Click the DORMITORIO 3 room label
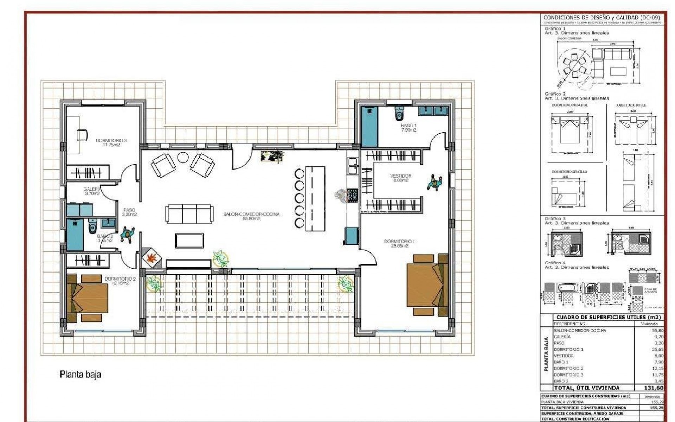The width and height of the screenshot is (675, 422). (x=111, y=141)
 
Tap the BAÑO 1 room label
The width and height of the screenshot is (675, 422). (x=408, y=126)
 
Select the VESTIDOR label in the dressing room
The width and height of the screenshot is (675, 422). (x=400, y=176)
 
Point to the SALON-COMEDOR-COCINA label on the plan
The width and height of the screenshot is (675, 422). (x=251, y=214)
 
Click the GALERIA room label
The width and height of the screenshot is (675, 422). (x=92, y=189)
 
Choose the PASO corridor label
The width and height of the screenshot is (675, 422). (x=129, y=210)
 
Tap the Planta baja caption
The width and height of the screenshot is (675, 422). (x=81, y=375)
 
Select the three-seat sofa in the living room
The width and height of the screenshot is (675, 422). (x=189, y=213)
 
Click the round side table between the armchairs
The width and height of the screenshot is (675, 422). (x=183, y=157)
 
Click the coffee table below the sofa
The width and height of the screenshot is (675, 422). (x=189, y=241)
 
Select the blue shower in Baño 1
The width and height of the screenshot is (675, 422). (x=369, y=127)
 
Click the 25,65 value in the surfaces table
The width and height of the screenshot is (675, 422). (x=657, y=350)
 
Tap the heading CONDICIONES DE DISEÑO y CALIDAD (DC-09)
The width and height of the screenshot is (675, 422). (x=602, y=18)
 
